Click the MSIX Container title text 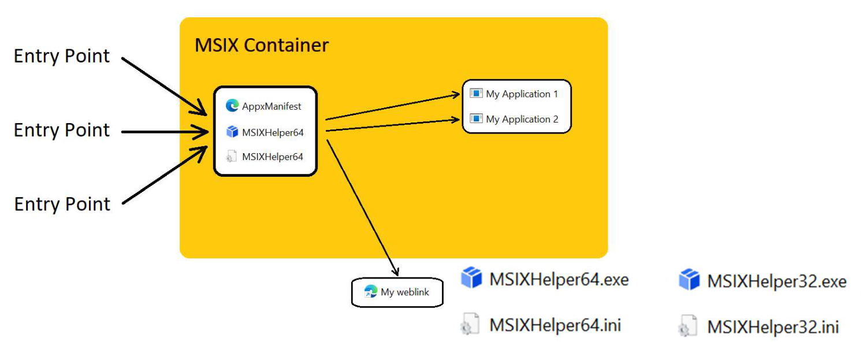(262, 45)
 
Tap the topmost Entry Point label (62, 57)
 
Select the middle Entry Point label (62, 131)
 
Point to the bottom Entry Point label (62, 205)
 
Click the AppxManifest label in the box (271, 106)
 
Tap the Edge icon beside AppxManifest (232, 106)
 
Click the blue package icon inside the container (232, 132)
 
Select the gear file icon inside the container (232, 157)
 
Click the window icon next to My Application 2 (476, 119)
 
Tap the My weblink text (405, 292)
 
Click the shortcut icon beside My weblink (370, 292)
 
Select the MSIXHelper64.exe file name (559, 280)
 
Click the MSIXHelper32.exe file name (776, 281)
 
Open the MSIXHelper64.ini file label (555, 325)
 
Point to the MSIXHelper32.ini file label (772, 327)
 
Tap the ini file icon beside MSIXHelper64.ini (470, 325)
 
